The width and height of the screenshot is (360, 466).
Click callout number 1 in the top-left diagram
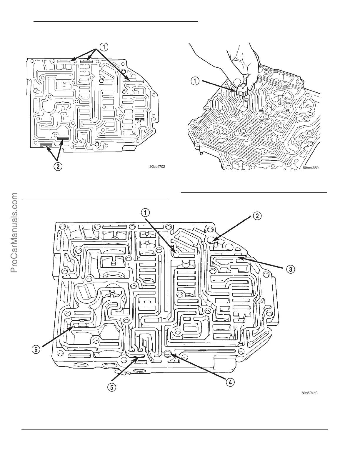(x=104, y=46)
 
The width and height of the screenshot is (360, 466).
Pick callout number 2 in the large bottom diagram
(x=257, y=216)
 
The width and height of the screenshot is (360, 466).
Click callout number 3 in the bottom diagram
(x=290, y=269)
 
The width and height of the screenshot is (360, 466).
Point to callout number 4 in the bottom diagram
(x=230, y=382)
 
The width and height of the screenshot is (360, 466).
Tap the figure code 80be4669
(x=311, y=168)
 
